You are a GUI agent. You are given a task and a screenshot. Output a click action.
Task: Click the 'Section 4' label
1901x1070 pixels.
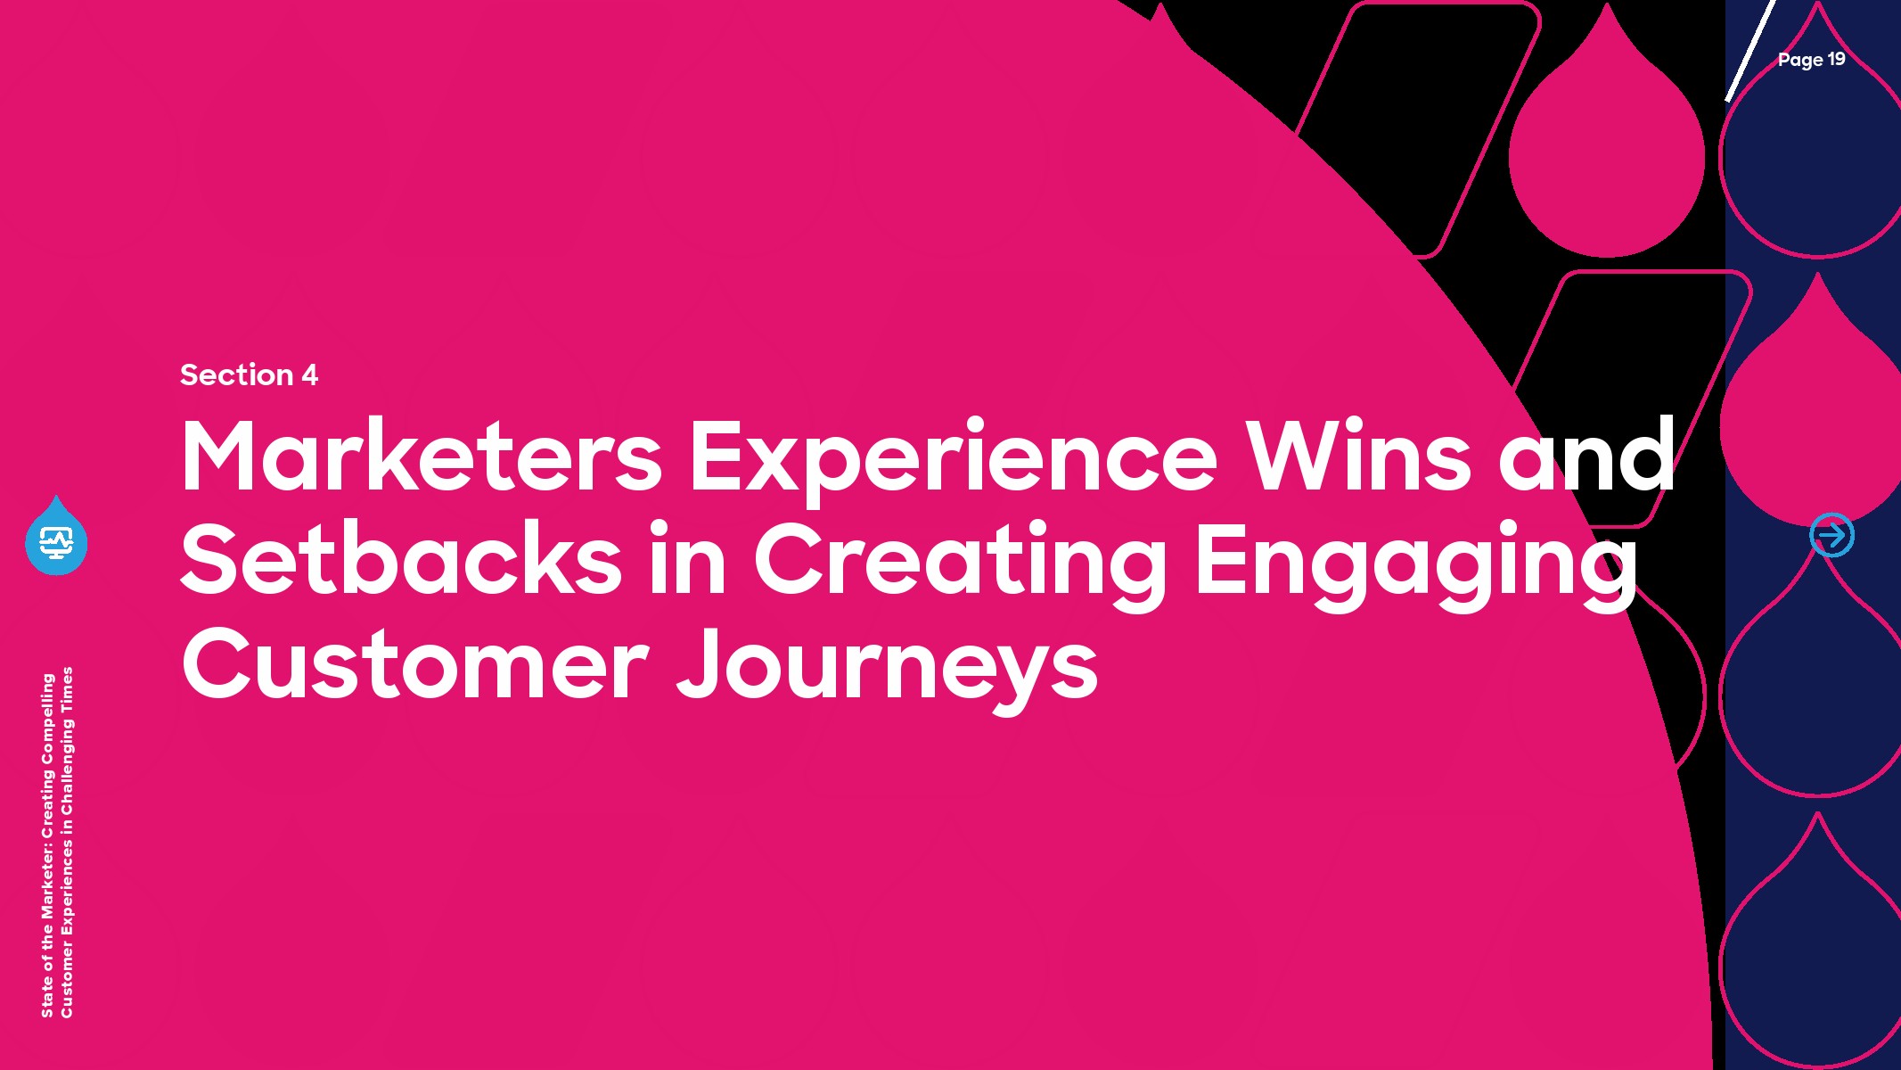click(x=249, y=374)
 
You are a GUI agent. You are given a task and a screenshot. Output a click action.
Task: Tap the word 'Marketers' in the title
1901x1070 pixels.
click(x=422, y=456)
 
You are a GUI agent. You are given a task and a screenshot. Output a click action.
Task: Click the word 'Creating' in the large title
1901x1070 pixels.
click(x=961, y=564)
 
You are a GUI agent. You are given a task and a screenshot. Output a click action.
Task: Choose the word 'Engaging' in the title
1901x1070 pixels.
click(x=1416, y=564)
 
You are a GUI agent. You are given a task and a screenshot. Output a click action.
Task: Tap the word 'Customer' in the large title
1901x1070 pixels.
click(x=415, y=665)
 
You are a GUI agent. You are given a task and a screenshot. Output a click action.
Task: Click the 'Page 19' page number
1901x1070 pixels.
click(x=1811, y=60)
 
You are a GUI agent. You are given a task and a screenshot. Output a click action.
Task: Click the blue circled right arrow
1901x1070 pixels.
click(x=1832, y=535)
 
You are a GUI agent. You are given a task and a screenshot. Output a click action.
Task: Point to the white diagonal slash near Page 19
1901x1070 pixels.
click(x=1749, y=51)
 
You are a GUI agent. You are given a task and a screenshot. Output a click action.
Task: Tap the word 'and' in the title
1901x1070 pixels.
click(x=1587, y=456)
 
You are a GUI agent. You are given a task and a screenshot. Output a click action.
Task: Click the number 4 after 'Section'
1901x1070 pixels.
click(x=310, y=374)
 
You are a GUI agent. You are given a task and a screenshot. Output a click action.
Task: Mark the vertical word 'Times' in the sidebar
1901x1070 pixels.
click(x=67, y=691)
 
